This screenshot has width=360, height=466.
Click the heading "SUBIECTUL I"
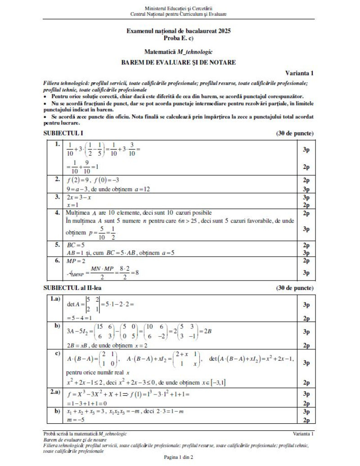click(x=63, y=134)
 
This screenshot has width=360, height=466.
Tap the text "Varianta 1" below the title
click(x=299, y=72)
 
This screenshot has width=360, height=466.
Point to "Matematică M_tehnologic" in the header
click(x=179, y=52)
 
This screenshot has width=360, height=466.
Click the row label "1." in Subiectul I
click(x=57, y=145)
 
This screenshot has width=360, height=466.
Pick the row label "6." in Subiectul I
click(x=57, y=261)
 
